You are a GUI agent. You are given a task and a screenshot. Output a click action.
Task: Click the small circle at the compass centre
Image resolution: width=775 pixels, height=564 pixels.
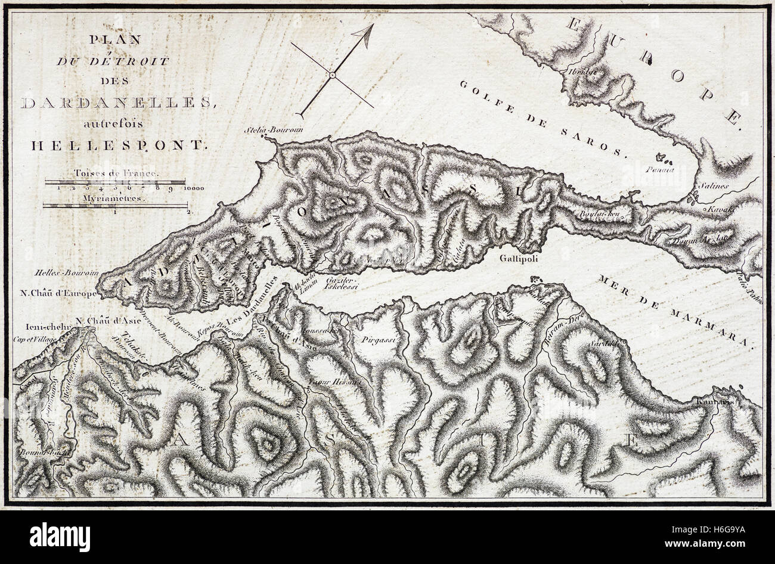click(331, 76)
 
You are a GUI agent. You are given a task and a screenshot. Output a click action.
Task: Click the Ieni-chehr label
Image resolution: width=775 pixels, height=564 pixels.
click(39, 327)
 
